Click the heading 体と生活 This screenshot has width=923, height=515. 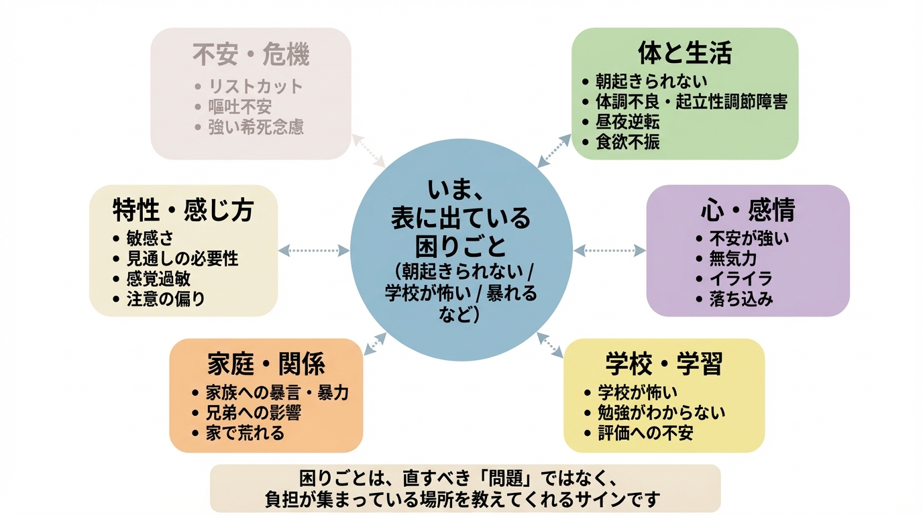tap(684, 53)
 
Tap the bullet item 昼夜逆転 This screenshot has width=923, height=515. tap(628, 121)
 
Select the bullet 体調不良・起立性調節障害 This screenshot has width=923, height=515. tap(692, 101)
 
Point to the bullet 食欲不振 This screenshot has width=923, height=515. tap(628, 141)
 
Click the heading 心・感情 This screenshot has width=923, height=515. tap(747, 211)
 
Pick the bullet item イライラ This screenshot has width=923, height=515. tap(741, 278)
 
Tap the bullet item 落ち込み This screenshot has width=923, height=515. tap(741, 298)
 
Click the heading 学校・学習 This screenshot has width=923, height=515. tap(663, 364)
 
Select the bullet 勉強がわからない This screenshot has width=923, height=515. tap(661, 412)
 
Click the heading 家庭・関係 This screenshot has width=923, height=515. tap(266, 364)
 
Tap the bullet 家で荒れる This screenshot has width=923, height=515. tap(246, 433)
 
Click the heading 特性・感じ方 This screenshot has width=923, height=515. tap(183, 211)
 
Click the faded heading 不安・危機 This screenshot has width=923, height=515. tap(251, 54)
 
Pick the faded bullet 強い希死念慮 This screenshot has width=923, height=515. tap(256, 127)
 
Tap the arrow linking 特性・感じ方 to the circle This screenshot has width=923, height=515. tap(314, 251)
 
